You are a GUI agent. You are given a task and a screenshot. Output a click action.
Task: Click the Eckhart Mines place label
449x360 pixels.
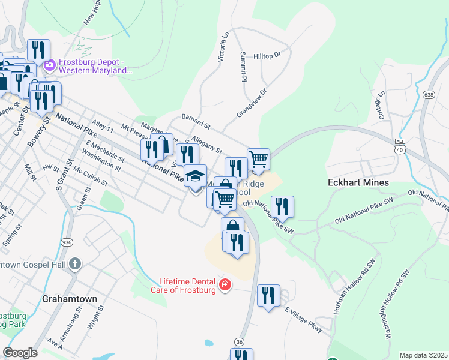[x=358, y=182]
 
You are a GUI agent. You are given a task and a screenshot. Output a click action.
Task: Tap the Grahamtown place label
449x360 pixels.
[x=67, y=298]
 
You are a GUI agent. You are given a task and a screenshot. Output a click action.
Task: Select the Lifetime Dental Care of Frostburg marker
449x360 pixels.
[x=225, y=284]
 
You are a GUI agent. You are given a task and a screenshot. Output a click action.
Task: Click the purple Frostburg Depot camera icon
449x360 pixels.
[x=50, y=64]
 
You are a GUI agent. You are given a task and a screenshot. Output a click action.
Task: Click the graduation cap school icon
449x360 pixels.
[x=194, y=175]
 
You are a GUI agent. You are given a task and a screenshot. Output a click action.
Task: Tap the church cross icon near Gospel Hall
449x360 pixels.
[x=74, y=264]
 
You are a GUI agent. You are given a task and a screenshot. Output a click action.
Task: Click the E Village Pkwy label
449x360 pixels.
[x=304, y=319]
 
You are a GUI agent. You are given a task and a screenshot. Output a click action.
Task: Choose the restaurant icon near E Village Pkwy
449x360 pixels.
[x=268, y=295]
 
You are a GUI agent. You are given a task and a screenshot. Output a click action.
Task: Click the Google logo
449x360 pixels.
[x=20, y=353]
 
